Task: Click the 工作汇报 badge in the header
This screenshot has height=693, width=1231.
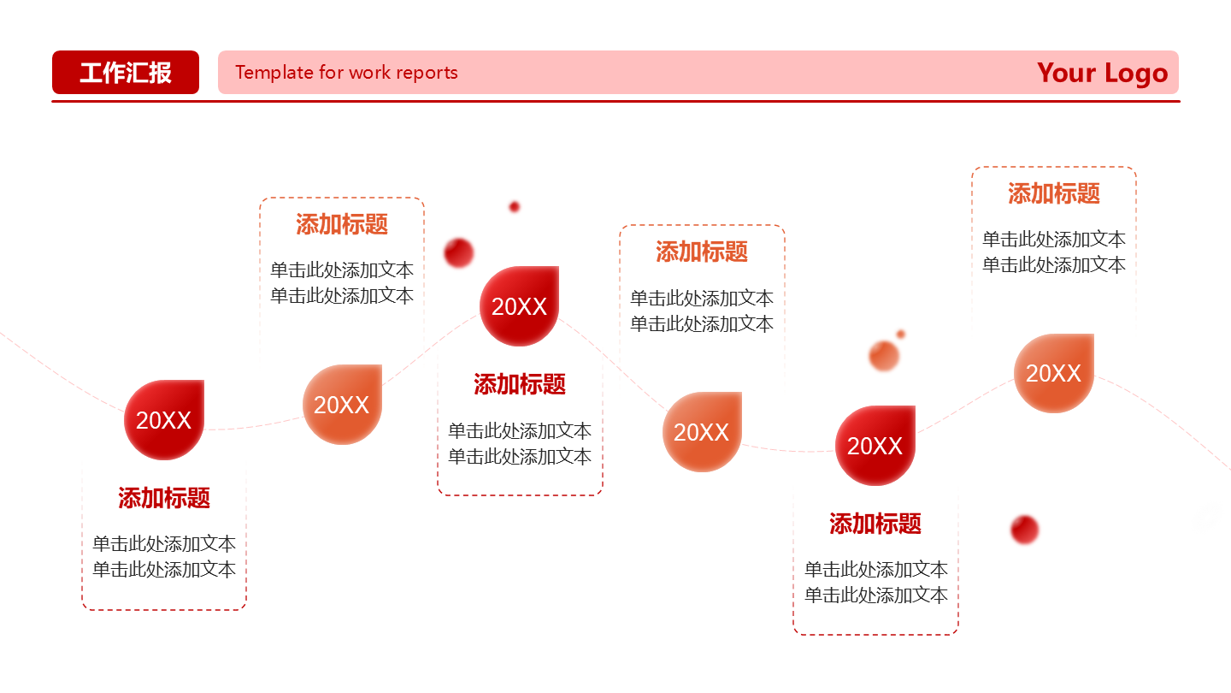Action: [x=126, y=72]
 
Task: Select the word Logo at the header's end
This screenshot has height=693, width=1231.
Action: [x=1135, y=74]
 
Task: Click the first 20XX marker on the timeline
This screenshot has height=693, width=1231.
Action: [x=164, y=420]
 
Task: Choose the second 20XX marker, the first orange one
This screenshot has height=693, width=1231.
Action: [x=342, y=405]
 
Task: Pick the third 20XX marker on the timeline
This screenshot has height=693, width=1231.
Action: [x=519, y=306]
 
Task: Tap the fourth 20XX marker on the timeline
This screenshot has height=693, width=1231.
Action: [x=702, y=432]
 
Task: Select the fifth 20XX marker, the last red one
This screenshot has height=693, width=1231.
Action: [x=875, y=446]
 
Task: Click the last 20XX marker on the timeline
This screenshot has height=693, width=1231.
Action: [x=1053, y=373]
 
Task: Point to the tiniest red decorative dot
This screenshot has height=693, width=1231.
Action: [x=515, y=207]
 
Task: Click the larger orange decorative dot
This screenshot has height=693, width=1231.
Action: [x=884, y=356]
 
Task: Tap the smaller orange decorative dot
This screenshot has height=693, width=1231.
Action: [x=900, y=335]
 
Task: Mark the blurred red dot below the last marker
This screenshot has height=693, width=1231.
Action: [x=1024, y=530]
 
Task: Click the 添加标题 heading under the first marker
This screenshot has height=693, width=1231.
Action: [x=164, y=498]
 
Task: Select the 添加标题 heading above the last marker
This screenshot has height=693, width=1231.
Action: [x=1053, y=193]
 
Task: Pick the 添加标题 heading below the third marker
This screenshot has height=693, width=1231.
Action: [x=520, y=384]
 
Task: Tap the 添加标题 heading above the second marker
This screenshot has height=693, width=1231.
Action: [x=342, y=224]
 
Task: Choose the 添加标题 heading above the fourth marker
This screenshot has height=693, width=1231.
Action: [x=702, y=252]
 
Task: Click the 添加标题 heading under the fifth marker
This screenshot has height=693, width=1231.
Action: [x=875, y=524]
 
